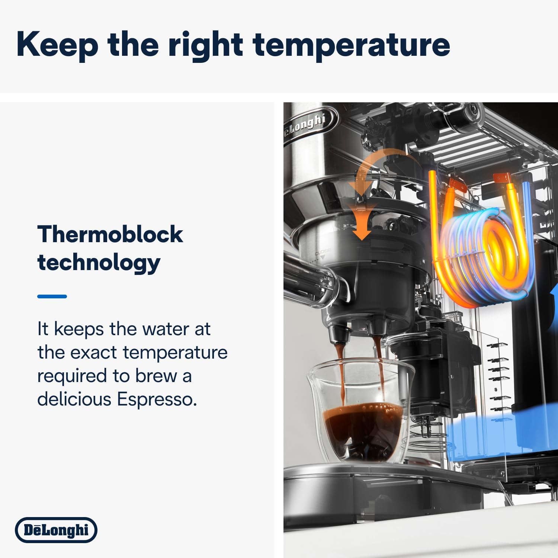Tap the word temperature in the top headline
click(351, 45)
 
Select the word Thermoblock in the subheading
click(110, 234)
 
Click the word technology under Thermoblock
click(99, 263)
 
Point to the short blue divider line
click(52, 296)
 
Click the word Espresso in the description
click(157, 399)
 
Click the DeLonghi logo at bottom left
click(56, 530)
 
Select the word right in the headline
click(206, 45)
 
